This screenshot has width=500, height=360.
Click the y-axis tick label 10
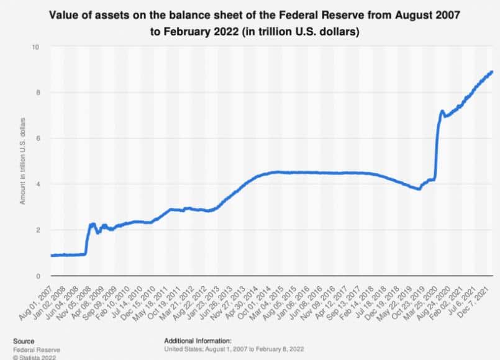tap(37, 47)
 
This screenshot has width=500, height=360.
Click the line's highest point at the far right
tap(492, 72)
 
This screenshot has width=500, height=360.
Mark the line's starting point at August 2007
tap(52, 255)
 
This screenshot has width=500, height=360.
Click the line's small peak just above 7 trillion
tap(442, 112)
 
